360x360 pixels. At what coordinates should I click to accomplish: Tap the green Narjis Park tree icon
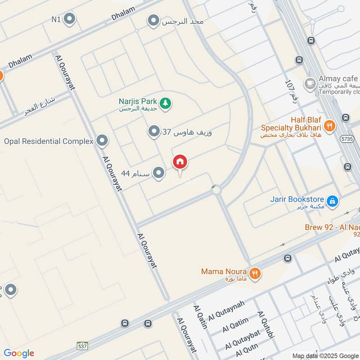tap(166, 103)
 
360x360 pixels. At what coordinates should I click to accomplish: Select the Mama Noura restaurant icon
tap(255, 273)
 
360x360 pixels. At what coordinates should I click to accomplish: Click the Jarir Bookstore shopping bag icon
tap(332, 201)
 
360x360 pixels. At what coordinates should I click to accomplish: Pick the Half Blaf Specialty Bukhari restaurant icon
tap(330, 126)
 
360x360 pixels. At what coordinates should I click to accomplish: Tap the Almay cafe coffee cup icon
tap(310, 83)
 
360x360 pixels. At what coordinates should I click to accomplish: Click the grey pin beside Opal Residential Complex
tap(103, 141)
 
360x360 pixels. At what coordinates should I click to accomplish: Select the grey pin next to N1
tap(69, 19)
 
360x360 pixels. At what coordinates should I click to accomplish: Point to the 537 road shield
tap(82, 346)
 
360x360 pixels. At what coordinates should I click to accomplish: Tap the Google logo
tap(19, 353)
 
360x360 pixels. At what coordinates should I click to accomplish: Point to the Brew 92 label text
tap(333, 227)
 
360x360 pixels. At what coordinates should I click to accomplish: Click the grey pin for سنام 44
tap(158, 173)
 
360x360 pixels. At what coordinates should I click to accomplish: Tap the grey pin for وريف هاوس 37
tap(154, 131)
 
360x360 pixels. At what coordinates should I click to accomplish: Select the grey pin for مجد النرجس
tap(154, 21)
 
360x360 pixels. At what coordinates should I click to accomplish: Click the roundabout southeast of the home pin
tap(216, 190)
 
